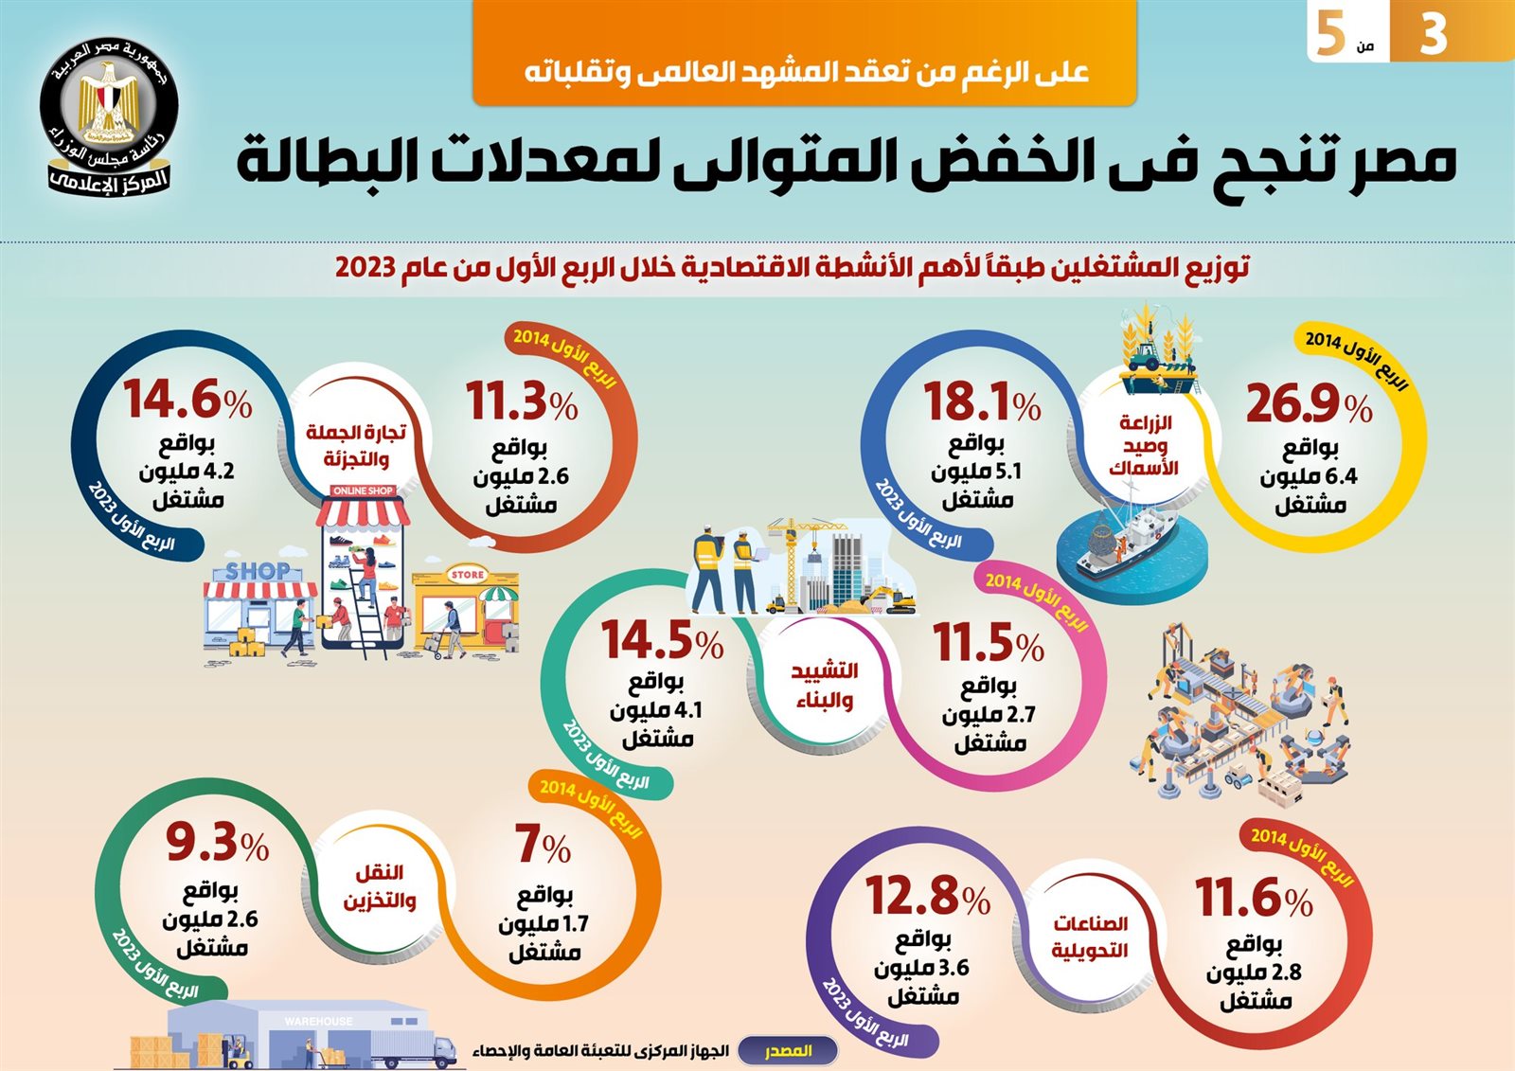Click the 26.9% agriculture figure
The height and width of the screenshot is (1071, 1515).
[1308, 403]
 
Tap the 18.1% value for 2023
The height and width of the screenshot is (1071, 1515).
[981, 402]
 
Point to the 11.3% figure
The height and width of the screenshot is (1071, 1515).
[521, 402]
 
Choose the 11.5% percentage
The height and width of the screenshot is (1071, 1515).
[989, 644]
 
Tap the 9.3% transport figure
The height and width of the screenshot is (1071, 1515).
[217, 842]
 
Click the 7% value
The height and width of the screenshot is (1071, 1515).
[543, 845]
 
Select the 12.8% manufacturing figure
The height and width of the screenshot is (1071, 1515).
[927, 896]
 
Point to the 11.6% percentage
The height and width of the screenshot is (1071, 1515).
[1253, 898]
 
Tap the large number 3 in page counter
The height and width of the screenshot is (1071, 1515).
[1434, 33]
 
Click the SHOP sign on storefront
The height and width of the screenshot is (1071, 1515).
[258, 572]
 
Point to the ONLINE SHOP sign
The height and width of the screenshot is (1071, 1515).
[363, 491]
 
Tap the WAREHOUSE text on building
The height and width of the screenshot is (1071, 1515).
[318, 1022]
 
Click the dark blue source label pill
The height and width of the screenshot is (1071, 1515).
[788, 1051]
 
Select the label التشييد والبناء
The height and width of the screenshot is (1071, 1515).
[824, 685]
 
